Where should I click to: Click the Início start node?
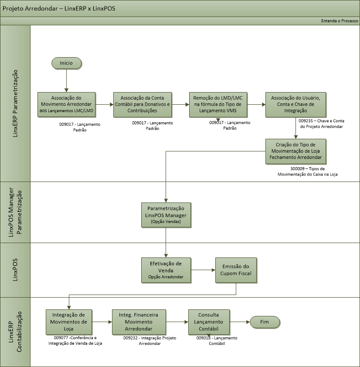coord(66,63)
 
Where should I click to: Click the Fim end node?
coord(265,322)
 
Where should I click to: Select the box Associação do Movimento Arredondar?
coord(66,105)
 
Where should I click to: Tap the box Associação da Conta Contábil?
coord(142,105)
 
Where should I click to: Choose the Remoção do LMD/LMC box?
coord(218,105)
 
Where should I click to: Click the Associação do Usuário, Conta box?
coord(295,105)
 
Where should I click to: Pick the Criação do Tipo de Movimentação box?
coord(295,151)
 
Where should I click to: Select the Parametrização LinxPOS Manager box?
coord(166,214)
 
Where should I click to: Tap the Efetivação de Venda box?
coord(166,270)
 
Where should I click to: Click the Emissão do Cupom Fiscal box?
coord(236,270)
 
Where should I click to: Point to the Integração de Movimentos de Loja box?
coord(69,322)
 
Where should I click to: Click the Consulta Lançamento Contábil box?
coord(209,322)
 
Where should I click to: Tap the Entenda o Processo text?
coord(339,21)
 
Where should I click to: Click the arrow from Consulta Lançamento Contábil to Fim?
coord(239,322)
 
